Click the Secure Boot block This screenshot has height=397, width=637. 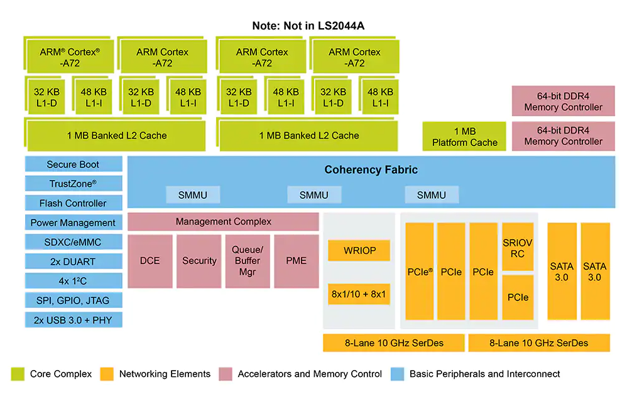(73, 164)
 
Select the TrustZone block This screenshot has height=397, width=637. (73, 184)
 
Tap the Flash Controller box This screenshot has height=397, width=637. (73, 203)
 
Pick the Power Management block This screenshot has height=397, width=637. (73, 223)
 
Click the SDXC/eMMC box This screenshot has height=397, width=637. (73, 242)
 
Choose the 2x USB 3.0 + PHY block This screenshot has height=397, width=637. (73, 320)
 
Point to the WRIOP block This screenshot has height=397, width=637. (359, 251)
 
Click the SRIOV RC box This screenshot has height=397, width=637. (518, 248)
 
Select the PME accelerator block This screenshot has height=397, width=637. (297, 261)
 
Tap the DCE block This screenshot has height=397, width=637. (150, 261)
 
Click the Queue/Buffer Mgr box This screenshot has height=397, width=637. (248, 261)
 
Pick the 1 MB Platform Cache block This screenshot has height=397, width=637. (464, 137)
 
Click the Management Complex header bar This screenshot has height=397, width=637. (224, 221)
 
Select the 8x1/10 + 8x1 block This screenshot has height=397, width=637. (359, 294)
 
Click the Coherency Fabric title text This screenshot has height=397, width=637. (371, 170)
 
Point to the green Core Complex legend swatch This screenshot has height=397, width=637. (18, 374)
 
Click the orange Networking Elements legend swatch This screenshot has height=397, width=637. (107, 374)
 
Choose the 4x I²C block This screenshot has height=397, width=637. (73, 281)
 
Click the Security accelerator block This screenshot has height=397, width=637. (199, 261)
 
